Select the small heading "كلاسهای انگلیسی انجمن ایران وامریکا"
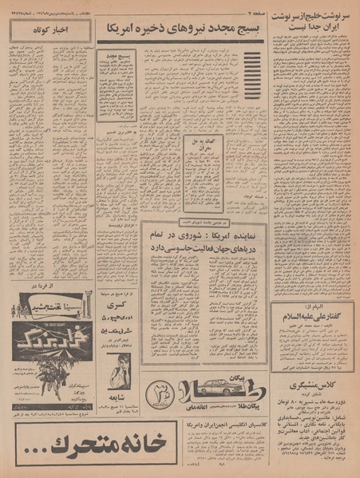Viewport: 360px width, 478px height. click(x=203, y=415)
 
